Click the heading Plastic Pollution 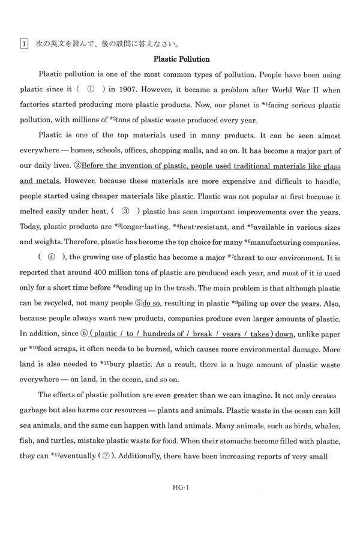(181, 59)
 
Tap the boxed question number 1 (22, 44)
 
